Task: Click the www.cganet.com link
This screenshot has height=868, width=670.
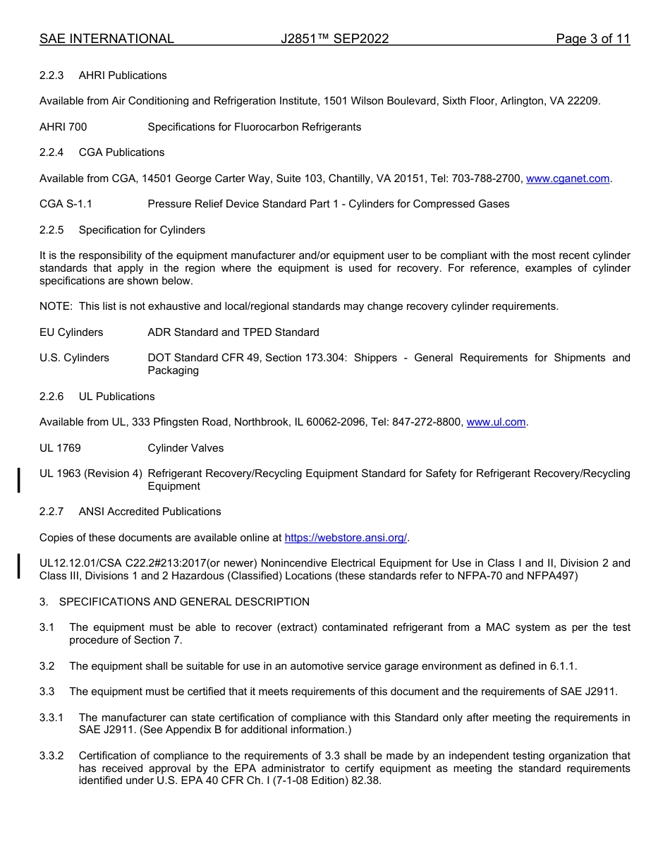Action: [568, 179]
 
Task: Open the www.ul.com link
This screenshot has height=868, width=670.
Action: [496, 422]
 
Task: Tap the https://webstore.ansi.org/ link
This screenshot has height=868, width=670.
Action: [346, 538]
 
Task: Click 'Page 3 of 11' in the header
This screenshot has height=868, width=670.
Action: [592, 39]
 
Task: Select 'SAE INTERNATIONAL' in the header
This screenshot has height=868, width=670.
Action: [106, 39]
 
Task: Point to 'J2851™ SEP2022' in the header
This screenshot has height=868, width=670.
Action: [334, 39]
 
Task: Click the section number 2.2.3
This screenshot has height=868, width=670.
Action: [51, 76]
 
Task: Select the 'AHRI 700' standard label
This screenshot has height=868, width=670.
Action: [63, 127]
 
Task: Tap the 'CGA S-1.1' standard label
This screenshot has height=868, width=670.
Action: [66, 204]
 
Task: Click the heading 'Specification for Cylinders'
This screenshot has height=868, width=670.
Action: [142, 230]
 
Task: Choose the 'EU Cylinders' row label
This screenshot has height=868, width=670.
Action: [71, 332]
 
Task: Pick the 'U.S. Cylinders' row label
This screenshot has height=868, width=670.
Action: [74, 358]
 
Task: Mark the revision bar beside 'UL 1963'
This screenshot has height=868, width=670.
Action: [19, 479]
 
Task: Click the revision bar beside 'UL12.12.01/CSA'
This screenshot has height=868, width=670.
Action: [19, 566]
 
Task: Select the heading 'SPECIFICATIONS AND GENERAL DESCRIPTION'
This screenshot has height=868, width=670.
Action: [184, 602]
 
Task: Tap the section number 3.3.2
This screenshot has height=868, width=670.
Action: [51, 756]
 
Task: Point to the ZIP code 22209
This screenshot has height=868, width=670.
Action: [583, 101]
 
